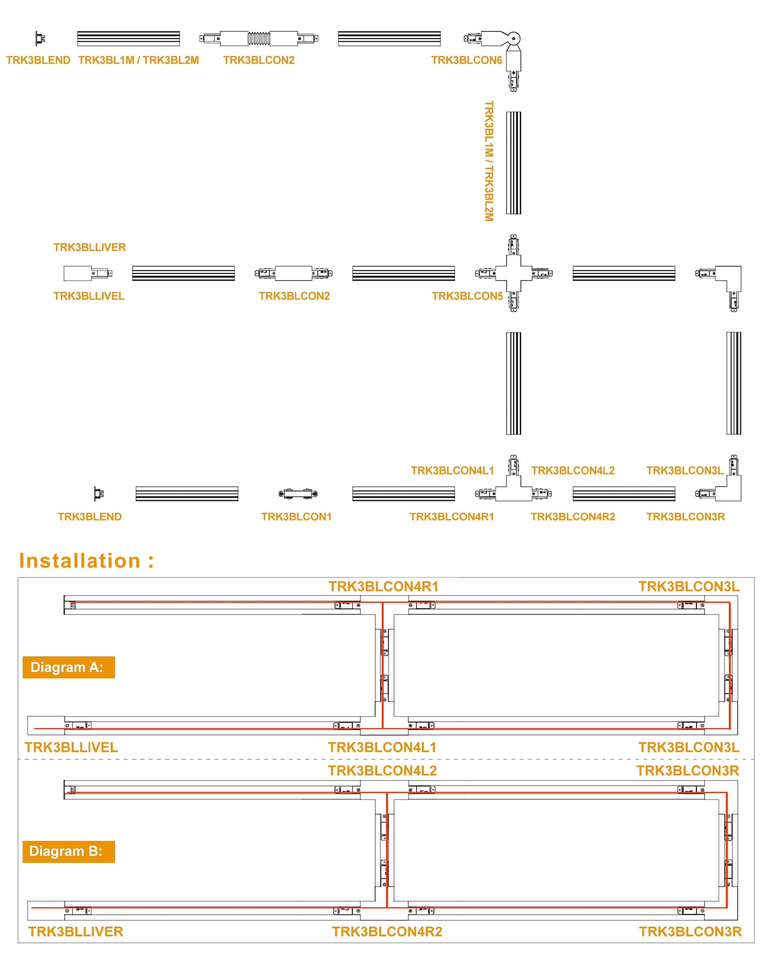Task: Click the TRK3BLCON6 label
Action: coord(467,60)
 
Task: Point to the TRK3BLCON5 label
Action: coord(467,296)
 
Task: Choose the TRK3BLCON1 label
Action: coord(296,516)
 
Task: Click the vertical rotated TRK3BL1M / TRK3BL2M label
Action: coord(489,161)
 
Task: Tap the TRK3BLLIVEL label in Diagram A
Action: coord(72,747)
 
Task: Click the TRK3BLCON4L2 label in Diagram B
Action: coord(382,771)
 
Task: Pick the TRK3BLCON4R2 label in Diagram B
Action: coord(387,931)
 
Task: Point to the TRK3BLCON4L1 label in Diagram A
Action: coord(382,747)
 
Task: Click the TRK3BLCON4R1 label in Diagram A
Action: coord(383,587)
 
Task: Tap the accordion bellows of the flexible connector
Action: coord(259,38)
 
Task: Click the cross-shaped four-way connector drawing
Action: coord(514,273)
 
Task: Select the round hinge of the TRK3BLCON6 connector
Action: coord(514,38)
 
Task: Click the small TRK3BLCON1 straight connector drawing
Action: coord(298,494)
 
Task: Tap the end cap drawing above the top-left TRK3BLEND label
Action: coord(40,38)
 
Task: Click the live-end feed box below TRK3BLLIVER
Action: coord(78,273)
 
